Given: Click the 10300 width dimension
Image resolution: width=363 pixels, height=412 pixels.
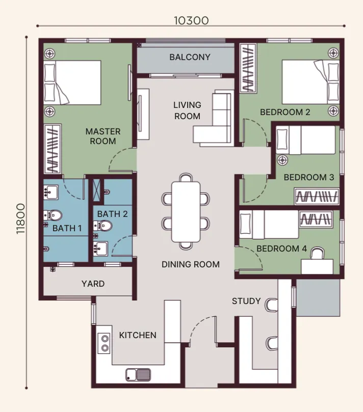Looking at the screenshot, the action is pos(192,20).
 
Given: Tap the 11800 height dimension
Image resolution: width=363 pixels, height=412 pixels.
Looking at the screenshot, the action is pos(20,218).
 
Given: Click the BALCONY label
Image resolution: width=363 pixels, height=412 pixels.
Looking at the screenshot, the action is pos(190,57).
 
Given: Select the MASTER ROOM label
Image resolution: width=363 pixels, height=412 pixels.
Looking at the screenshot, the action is pos(103,136).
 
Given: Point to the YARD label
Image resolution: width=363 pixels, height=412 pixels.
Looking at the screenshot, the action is pos(93,284).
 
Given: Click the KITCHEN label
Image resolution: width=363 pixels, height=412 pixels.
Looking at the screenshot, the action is pos(138,335).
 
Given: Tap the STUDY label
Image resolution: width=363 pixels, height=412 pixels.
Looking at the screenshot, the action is pos(246,301).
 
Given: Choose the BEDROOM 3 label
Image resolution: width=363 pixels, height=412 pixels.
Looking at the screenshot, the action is pos(309,177).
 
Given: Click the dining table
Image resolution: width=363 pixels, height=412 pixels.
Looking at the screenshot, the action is pos(186,211).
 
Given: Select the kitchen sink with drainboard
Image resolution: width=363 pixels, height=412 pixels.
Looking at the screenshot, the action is pos(138,375).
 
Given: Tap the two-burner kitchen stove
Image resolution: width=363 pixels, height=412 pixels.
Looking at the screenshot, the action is pos(104,343).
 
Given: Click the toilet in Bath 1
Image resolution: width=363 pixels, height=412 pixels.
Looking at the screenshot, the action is pos(53,216).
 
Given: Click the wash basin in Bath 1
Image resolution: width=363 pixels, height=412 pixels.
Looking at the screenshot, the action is pos(51,193).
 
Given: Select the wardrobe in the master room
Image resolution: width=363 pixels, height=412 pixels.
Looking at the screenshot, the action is pos(53,149).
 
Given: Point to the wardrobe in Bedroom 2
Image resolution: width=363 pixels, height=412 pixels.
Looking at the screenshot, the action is pos(248,68).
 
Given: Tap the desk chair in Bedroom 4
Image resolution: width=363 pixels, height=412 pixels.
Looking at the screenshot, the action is pos(318,253).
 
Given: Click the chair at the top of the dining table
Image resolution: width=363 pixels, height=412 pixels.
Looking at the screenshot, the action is pos(186,177).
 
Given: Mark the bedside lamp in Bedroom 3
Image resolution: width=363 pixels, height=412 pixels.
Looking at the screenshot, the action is pos(282,159).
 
